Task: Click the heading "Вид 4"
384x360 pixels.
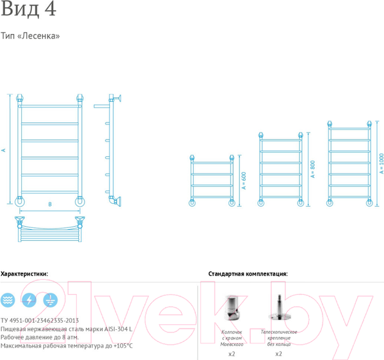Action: click(x=29, y=9)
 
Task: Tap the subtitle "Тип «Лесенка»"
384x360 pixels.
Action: click(x=30, y=36)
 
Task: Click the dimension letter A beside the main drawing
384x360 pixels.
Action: click(x=3, y=150)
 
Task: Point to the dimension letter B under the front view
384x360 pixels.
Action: click(x=50, y=204)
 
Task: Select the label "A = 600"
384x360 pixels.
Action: click(x=244, y=181)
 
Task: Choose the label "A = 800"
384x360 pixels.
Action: click(x=312, y=169)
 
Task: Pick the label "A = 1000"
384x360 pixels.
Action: click(x=381, y=163)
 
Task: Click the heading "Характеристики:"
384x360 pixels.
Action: click(x=24, y=274)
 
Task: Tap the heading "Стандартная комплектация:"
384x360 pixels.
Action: click(x=248, y=274)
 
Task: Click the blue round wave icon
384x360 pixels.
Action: click(x=8, y=300)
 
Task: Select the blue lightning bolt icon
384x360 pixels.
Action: click(x=29, y=300)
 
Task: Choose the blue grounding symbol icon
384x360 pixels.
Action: click(x=51, y=300)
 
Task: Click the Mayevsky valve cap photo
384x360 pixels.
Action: click(x=232, y=307)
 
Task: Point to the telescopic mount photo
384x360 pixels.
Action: click(x=279, y=307)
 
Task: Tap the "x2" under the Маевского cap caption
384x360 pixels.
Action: click(x=232, y=354)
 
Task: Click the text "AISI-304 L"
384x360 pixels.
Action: click(x=118, y=329)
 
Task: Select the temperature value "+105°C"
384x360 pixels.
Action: click(x=123, y=346)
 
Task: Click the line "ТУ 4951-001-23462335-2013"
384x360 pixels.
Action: click(x=40, y=320)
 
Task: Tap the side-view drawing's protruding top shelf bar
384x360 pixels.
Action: click(x=101, y=106)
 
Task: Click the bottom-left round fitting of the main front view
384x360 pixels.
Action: click(x=20, y=202)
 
